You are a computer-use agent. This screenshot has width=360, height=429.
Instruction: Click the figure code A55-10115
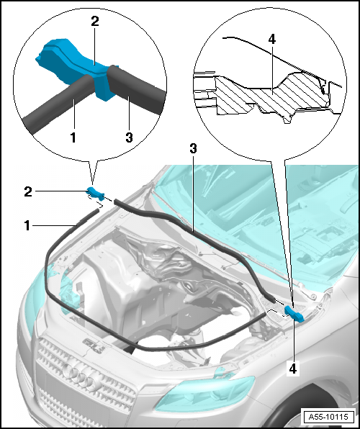pyautogui.click(x=328, y=417)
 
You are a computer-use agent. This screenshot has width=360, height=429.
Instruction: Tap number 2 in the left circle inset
pyautogui.click(x=95, y=22)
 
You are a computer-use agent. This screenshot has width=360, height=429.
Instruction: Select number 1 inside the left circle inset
pyautogui.click(x=73, y=137)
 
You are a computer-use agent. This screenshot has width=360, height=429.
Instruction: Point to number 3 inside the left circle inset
pyautogui.click(x=129, y=137)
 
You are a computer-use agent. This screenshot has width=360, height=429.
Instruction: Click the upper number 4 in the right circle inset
pyautogui.click(x=271, y=40)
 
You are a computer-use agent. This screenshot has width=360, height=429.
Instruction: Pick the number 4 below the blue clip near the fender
pyautogui.click(x=292, y=369)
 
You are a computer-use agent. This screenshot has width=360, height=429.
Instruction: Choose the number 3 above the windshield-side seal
pyautogui.click(x=193, y=148)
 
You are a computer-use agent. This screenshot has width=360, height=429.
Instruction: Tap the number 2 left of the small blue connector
pyautogui.click(x=28, y=191)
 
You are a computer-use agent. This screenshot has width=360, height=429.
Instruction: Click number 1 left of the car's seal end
pyautogui.click(x=27, y=226)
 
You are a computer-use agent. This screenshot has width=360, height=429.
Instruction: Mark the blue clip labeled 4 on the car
pyautogui.click(x=294, y=314)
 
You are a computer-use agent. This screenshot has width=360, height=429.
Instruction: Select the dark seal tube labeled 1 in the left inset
pyautogui.click(x=60, y=104)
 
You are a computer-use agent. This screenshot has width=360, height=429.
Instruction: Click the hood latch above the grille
pyautogui.click(x=95, y=345)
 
